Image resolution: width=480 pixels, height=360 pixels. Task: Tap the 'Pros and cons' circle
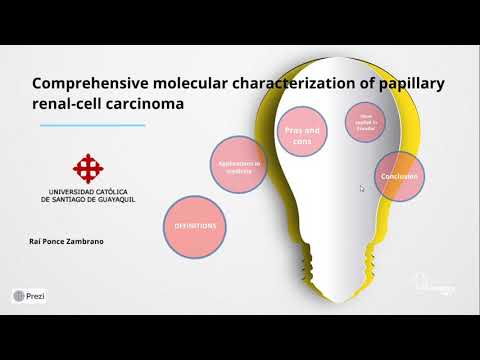(301, 135)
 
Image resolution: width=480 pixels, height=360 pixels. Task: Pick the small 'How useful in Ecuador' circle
(364, 122)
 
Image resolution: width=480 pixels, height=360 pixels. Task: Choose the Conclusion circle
(397, 176)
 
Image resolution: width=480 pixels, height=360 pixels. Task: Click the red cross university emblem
(88, 167)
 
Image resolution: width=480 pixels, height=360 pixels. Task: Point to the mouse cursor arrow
(362, 187)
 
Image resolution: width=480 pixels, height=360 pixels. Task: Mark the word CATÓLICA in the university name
(118, 190)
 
